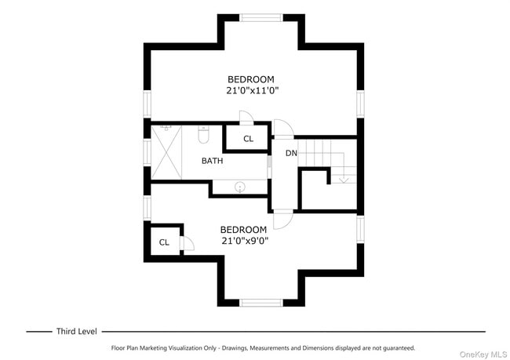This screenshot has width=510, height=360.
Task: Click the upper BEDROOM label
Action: point(250,79)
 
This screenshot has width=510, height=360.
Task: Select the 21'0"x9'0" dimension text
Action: point(245,242)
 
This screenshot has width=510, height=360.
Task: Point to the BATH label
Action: point(212,161)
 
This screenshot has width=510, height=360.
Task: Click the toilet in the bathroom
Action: point(204,136)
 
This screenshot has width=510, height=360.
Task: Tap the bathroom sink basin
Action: point(240,187)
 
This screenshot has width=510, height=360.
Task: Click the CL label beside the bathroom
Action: point(248,139)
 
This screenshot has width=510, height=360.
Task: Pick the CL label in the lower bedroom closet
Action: point(164,242)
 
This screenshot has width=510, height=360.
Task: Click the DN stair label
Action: point(291,153)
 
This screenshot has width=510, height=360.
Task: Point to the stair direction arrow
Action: point(343,179)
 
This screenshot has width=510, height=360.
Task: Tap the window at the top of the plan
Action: point(261,17)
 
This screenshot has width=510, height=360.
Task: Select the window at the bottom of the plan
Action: point(261,303)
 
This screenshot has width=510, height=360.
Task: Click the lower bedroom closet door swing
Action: point(188,243)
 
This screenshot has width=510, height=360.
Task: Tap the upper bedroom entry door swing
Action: point(282,128)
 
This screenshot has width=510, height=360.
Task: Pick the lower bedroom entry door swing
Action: point(282,220)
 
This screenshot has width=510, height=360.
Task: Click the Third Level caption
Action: point(76,331)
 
